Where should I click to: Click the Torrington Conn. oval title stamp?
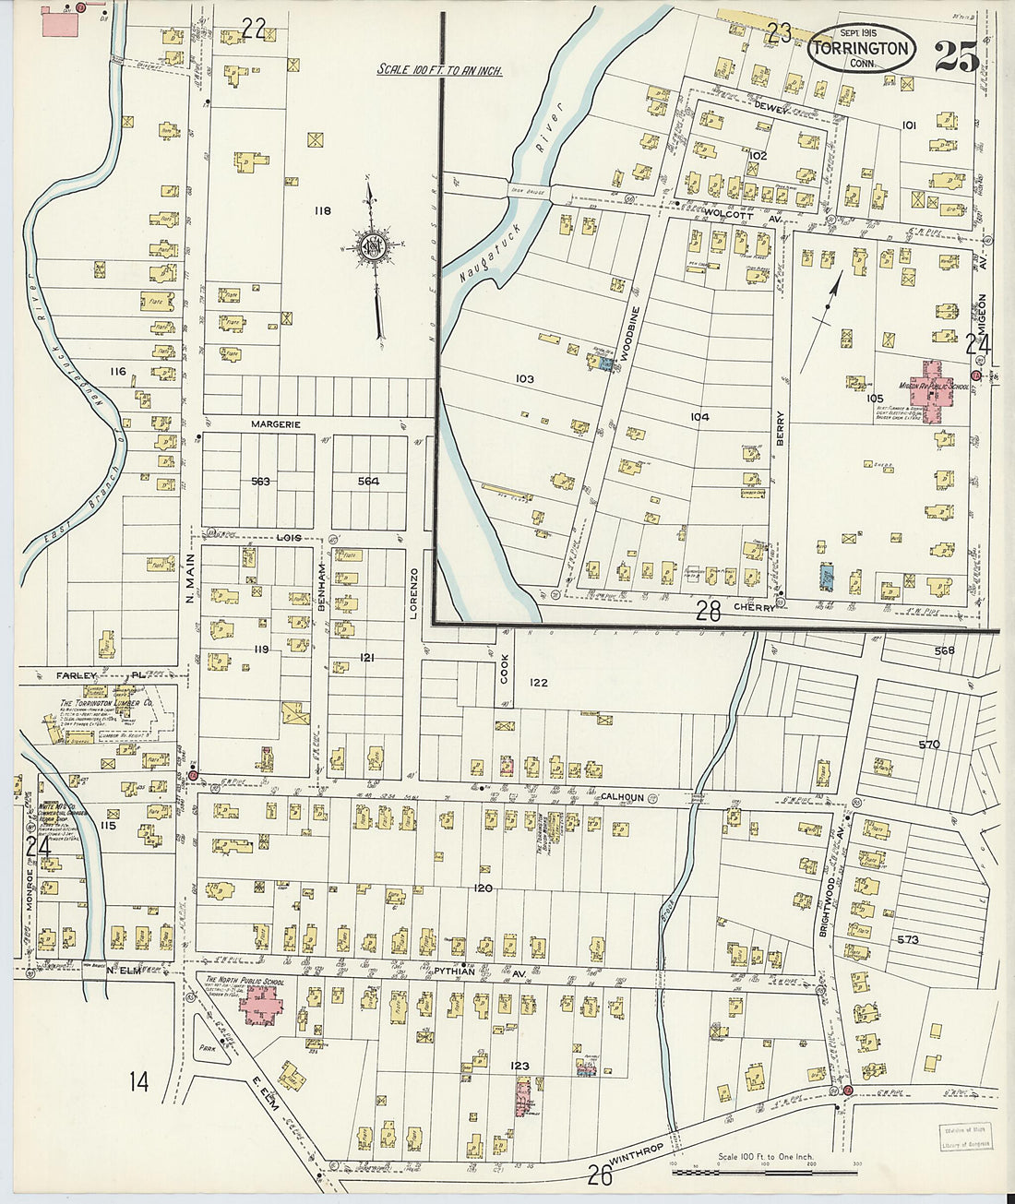(861, 50)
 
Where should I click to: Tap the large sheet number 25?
(957, 57)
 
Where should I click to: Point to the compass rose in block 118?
(374, 247)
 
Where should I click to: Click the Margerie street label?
(276, 424)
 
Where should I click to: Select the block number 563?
(261, 481)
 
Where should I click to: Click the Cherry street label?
(754, 608)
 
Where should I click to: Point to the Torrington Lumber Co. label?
(106, 702)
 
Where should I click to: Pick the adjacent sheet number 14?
(138, 1081)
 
